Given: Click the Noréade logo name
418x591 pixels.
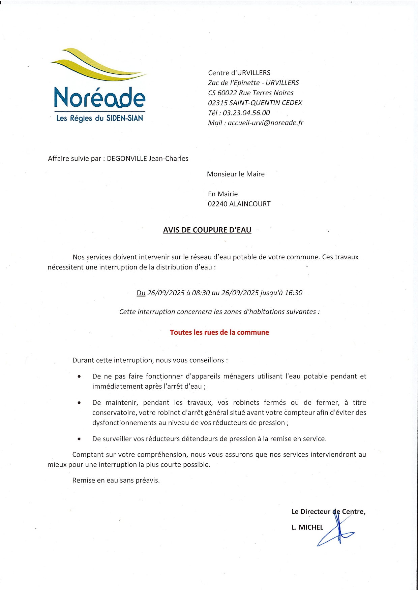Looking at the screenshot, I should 99,97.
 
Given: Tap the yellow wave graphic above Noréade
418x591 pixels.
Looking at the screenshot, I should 98,66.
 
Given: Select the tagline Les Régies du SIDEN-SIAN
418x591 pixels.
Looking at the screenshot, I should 99,118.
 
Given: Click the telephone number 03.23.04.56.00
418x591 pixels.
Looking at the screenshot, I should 246,113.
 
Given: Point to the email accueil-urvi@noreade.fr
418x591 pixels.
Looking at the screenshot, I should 266,123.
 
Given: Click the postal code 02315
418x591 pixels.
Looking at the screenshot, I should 217,103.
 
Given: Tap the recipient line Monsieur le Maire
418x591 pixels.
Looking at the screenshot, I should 236,174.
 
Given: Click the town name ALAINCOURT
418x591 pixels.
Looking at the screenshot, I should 250,204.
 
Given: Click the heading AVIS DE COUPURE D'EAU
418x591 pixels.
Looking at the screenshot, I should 207,230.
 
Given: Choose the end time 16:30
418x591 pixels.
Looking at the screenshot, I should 294,293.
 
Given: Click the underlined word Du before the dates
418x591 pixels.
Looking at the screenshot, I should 141,293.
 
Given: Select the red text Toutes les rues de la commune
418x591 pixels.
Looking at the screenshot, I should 219,332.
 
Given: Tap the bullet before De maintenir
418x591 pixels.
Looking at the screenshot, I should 79,403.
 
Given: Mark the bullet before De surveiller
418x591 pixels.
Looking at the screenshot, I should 79,439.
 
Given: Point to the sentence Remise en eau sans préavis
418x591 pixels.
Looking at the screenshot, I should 116,481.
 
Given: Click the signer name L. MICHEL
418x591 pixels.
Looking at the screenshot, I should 307,527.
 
